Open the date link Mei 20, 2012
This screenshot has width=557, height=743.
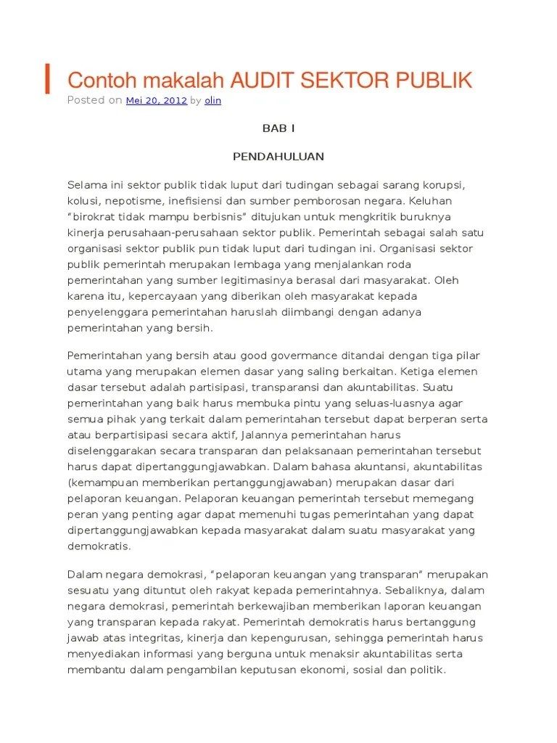[157, 101]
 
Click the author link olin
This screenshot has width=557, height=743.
[213, 101]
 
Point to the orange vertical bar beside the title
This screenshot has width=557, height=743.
[48, 79]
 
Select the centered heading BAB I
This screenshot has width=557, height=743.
[278, 128]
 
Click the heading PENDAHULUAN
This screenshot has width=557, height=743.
[278, 156]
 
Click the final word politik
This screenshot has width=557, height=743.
[426, 670]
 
